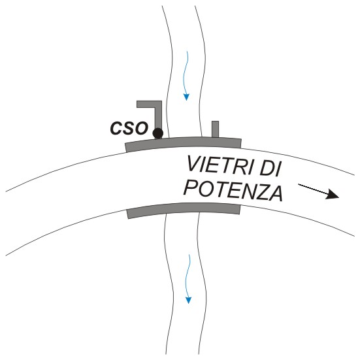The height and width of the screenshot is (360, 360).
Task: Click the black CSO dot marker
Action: click(x=157, y=133)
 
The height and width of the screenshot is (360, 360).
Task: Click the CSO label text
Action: click(x=129, y=128)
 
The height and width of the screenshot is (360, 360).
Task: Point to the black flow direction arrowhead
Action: click(x=333, y=194)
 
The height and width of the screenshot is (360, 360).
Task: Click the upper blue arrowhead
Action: click(x=186, y=97)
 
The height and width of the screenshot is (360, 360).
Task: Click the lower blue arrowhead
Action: click(x=188, y=301)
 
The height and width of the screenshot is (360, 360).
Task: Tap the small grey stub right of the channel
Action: click(x=215, y=129)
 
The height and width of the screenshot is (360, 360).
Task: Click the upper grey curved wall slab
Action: click(x=183, y=143)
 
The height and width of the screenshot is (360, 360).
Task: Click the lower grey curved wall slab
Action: click(x=184, y=208)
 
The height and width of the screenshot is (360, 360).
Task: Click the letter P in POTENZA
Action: click(x=191, y=188)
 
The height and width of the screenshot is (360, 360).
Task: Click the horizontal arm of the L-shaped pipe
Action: click(x=149, y=104)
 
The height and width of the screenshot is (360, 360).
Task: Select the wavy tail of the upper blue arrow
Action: click(x=185, y=73)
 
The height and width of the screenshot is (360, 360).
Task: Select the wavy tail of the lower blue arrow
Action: click(x=187, y=276)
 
